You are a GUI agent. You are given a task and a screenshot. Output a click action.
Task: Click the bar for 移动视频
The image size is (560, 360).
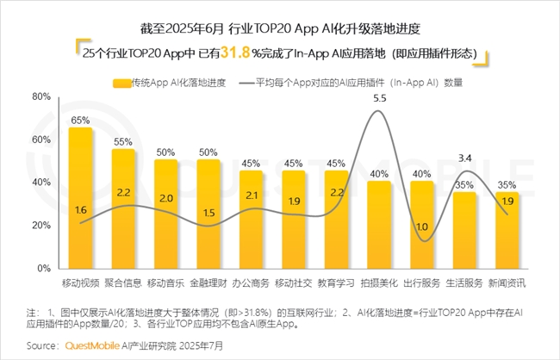[x=81, y=198]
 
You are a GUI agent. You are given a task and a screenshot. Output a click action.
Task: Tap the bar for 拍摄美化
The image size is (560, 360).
[x=378, y=224]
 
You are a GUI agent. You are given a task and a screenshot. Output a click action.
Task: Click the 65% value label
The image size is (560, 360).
[x=81, y=120]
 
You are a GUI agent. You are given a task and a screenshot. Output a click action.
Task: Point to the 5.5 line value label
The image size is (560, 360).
[x=378, y=100]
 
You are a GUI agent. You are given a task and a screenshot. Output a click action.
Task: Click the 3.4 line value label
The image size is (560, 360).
[x=464, y=158]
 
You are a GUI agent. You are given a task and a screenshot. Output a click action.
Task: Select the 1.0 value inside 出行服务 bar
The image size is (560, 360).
[x=421, y=227]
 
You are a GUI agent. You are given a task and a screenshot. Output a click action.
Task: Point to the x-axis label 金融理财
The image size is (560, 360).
[x=208, y=283]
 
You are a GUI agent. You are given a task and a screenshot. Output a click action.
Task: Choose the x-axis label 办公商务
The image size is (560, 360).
[x=251, y=283]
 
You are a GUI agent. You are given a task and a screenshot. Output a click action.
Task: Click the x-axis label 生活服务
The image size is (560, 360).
[x=464, y=283]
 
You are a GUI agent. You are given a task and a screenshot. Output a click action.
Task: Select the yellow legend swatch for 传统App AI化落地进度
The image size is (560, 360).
[x=121, y=84]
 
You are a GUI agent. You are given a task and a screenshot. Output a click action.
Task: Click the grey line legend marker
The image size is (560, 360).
[x=244, y=84]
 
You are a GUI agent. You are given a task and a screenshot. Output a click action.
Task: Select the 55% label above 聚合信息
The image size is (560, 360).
[x=123, y=141]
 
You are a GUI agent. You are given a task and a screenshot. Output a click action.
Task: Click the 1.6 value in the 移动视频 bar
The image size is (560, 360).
[x=81, y=209]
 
